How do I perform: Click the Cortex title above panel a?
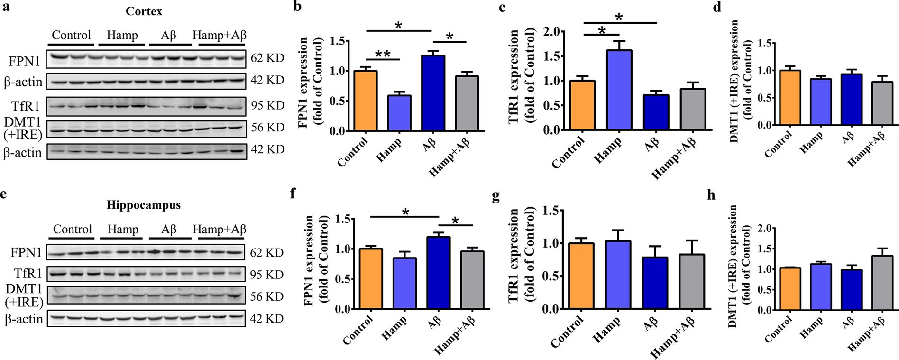click(x=144, y=11)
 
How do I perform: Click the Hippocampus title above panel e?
click(x=143, y=205)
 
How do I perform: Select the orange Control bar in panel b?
click(x=366, y=101)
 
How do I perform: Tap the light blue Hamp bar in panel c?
click(x=619, y=90)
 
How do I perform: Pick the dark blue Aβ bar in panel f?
click(x=438, y=273)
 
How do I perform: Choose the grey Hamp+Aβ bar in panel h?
click(x=881, y=283)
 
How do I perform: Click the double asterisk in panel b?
click(x=383, y=54)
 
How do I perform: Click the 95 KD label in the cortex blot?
click(x=267, y=105)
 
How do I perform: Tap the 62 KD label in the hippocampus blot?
click(x=266, y=252)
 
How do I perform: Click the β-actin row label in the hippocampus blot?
click(x=24, y=319)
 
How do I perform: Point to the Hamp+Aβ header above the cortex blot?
click(x=219, y=35)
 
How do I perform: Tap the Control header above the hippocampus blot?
click(x=72, y=229)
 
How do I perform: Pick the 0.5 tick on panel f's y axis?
click(x=343, y=279)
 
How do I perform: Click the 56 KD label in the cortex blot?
click(x=267, y=127)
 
